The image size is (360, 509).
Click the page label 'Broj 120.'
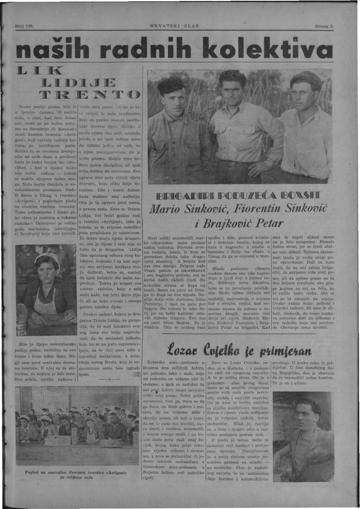point(24,26)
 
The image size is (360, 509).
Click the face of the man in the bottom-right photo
point(308,418)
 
